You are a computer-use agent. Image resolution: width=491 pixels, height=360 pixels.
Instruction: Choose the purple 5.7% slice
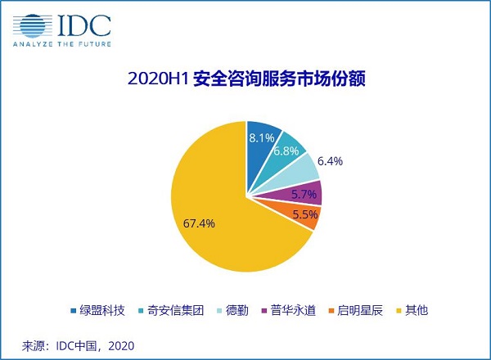tap(308, 194)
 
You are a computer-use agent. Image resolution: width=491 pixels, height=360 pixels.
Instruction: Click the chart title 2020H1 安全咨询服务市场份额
tap(245, 80)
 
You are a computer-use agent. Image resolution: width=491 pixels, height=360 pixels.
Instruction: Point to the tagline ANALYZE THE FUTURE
tap(61, 43)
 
